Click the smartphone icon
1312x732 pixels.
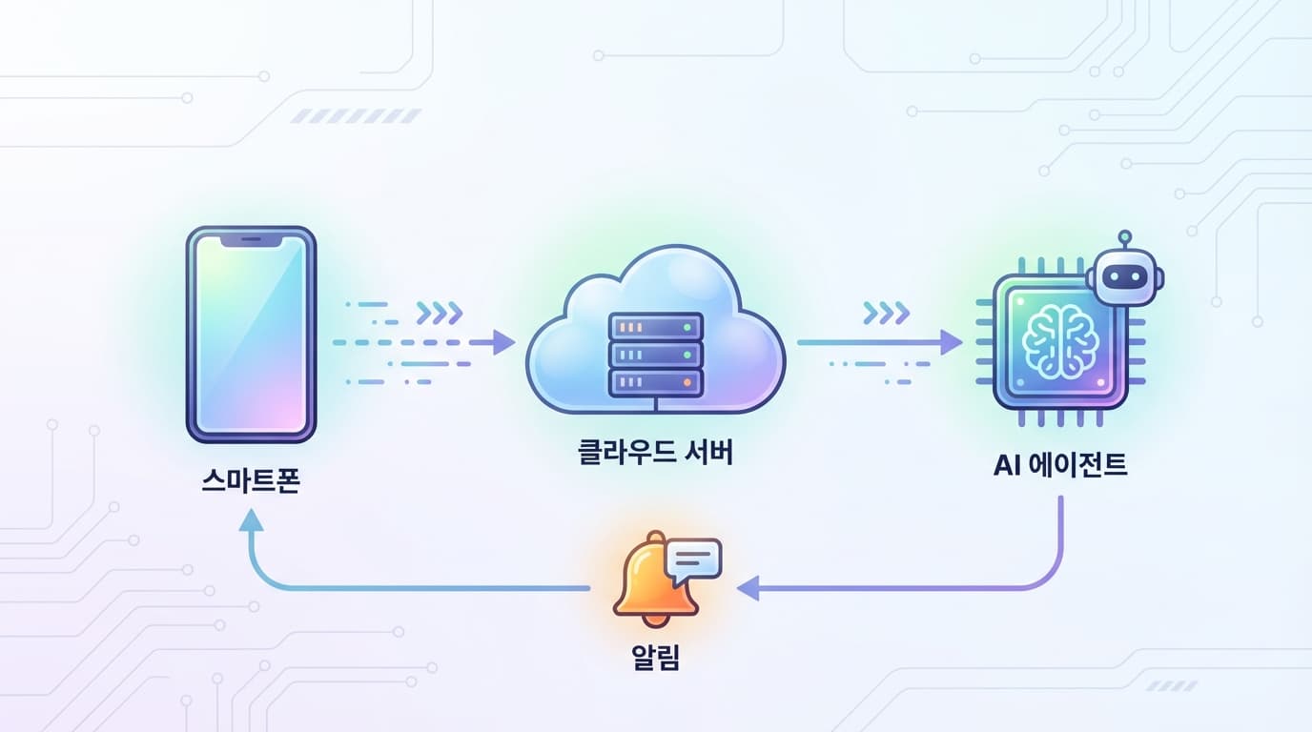(x=251, y=335)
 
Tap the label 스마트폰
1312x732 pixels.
(x=251, y=479)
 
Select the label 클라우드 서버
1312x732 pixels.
(x=655, y=451)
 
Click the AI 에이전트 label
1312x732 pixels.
(x=1060, y=465)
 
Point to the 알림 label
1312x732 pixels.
(x=655, y=658)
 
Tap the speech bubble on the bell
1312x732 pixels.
(x=694, y=559)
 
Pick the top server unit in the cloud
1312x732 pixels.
(x=655, y=327)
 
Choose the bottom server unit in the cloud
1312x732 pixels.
(x=655, y=383)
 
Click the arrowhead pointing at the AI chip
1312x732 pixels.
(x=951, y=342)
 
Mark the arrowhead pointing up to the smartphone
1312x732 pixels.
(x=251, y=520)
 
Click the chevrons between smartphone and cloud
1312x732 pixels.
(x=440, y=312)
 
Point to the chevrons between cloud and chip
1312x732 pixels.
(x=886, y=312)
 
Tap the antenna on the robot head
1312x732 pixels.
(x=1125, y=236)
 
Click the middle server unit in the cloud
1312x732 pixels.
(x=655, y=356)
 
